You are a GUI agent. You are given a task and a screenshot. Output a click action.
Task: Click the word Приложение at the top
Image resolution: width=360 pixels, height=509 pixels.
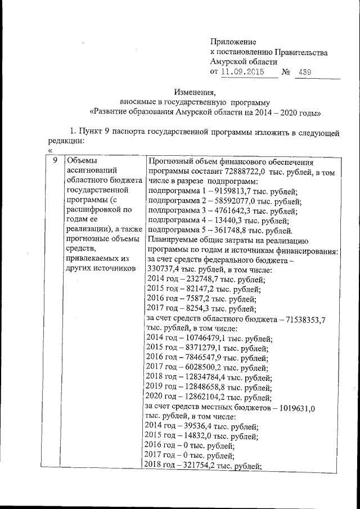(x=233, y=42)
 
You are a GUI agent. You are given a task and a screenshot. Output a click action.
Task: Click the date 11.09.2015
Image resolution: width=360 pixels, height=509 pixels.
(x=242, y=72)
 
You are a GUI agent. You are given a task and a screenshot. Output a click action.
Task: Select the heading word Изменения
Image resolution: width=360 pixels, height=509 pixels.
(x=195, y=92)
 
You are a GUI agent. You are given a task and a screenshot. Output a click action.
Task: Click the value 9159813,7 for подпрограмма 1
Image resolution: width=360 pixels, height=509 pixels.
(x=231, y=192)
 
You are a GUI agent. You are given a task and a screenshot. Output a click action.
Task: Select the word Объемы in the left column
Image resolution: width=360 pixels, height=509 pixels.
(x=82, y=161)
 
